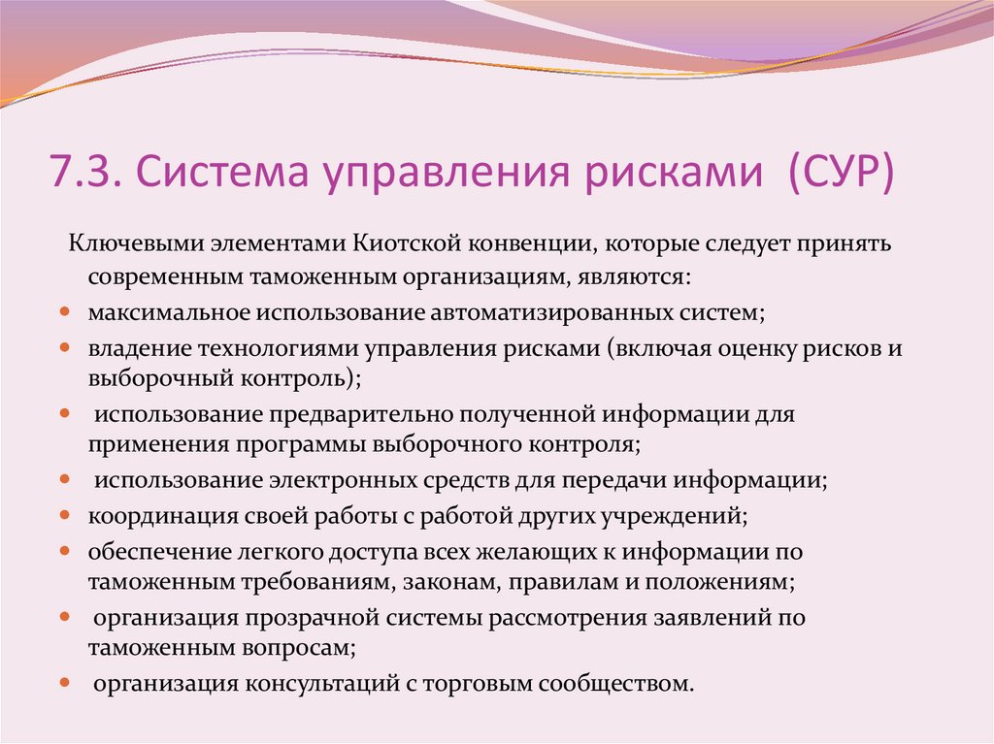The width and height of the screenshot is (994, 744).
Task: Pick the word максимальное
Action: [169, 312]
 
